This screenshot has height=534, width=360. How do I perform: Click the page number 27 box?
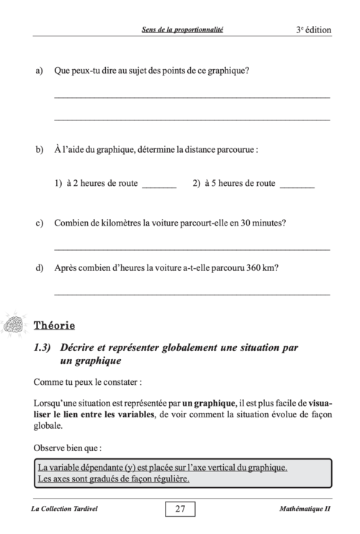tap(180, 509)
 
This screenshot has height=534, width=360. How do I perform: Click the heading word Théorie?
tap(54, 325)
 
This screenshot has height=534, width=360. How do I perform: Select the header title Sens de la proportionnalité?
tap(182, 30)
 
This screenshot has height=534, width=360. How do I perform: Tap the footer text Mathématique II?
tap(303, 509)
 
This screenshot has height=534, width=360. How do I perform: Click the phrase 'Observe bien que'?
tap(67, 446)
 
